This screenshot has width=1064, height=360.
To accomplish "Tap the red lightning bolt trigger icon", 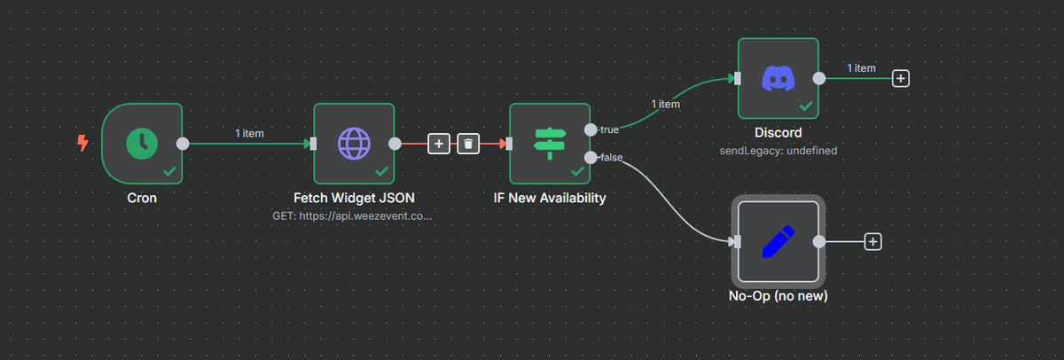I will point(82,143).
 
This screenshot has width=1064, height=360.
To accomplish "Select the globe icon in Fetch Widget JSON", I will point(354,143).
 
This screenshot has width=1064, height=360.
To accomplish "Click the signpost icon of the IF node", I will point(550,143).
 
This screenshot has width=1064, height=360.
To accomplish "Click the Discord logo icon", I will point(778,78).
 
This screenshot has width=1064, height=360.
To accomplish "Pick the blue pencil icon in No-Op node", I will point(778,240).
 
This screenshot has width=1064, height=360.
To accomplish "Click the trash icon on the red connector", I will point(468,143).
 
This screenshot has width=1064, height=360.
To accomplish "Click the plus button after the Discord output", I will point(901,78).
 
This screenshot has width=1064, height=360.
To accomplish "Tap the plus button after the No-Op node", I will point(873,240).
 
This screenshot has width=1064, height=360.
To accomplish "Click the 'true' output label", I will point(609,129).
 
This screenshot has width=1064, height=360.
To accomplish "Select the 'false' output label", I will point(611,157).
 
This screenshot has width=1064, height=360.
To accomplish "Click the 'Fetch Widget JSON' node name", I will point(354,198).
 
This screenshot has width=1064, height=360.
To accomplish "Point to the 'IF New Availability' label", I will point(550,198).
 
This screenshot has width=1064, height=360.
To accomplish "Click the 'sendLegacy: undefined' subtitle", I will point(778,151).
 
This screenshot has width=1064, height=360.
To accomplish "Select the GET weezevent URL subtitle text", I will point(354,215).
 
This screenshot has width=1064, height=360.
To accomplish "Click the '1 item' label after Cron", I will point(249,133).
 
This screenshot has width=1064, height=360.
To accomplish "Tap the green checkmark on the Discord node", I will point(806,105).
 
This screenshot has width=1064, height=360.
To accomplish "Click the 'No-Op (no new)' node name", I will point(778,295).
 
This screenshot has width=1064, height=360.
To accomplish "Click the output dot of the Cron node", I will point(183,143).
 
